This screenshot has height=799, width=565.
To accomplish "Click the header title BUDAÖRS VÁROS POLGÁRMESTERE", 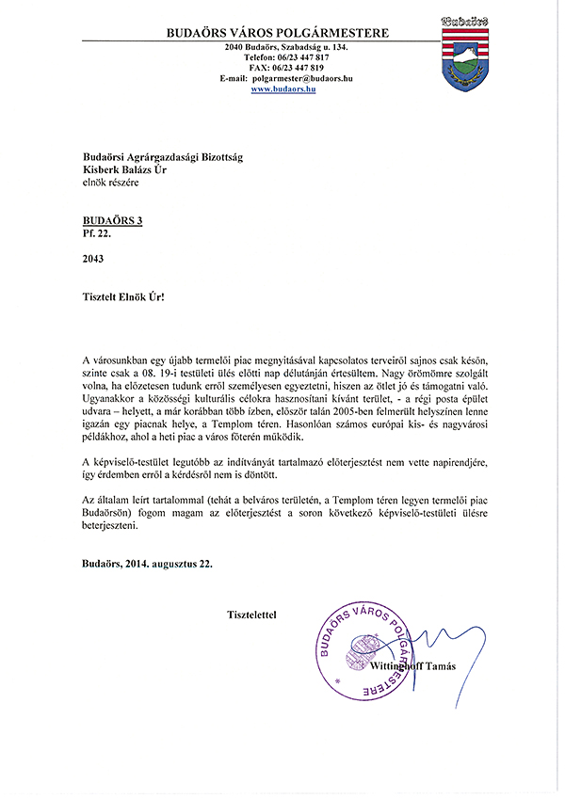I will [277, 33].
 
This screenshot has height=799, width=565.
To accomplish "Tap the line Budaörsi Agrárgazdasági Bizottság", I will [162, 158].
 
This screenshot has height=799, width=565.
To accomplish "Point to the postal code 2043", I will [93, 258].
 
